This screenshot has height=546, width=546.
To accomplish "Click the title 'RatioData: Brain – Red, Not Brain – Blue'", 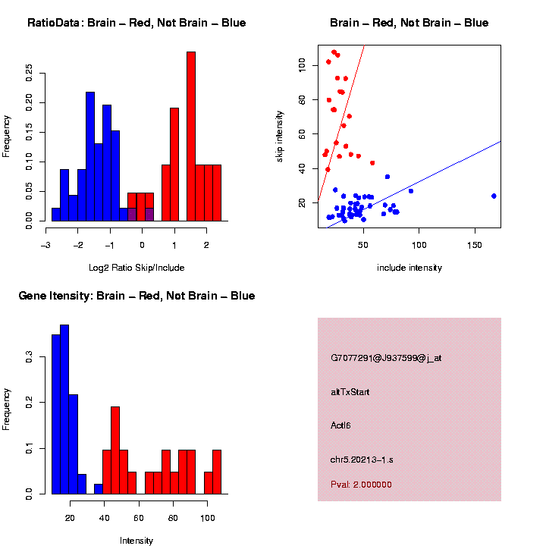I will tap(136, 24).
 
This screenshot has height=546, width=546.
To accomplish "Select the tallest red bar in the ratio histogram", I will tap(191, 136).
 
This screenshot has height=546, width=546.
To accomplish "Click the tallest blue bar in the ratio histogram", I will tap(90, 156).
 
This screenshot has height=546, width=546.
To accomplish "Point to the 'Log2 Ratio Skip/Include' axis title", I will tap(136, 268).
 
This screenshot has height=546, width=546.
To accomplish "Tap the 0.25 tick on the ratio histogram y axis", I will tap(30, 73).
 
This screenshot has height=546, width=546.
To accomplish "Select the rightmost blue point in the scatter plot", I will tap(494, 196).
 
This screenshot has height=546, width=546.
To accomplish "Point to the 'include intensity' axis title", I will tap(409, 268).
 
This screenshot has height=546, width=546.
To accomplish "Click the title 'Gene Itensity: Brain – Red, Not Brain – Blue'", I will tap(136, 296).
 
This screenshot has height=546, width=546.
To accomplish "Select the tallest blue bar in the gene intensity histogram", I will tap(64, 409).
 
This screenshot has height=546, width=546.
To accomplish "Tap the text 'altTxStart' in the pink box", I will tap(350, 392).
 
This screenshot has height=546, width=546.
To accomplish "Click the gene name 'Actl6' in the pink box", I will tap(341, 425).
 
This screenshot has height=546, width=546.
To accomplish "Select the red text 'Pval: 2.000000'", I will tap(362, 485).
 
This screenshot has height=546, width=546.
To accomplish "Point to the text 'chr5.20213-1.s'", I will tap(362, 460).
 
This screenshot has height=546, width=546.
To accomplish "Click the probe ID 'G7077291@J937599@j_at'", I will tap(386, 358).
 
